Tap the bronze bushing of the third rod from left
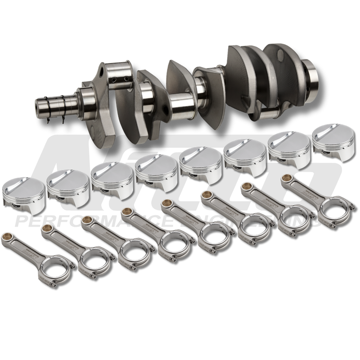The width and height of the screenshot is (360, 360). (86, 220)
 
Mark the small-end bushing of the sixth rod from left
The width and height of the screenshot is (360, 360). (206, 194)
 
